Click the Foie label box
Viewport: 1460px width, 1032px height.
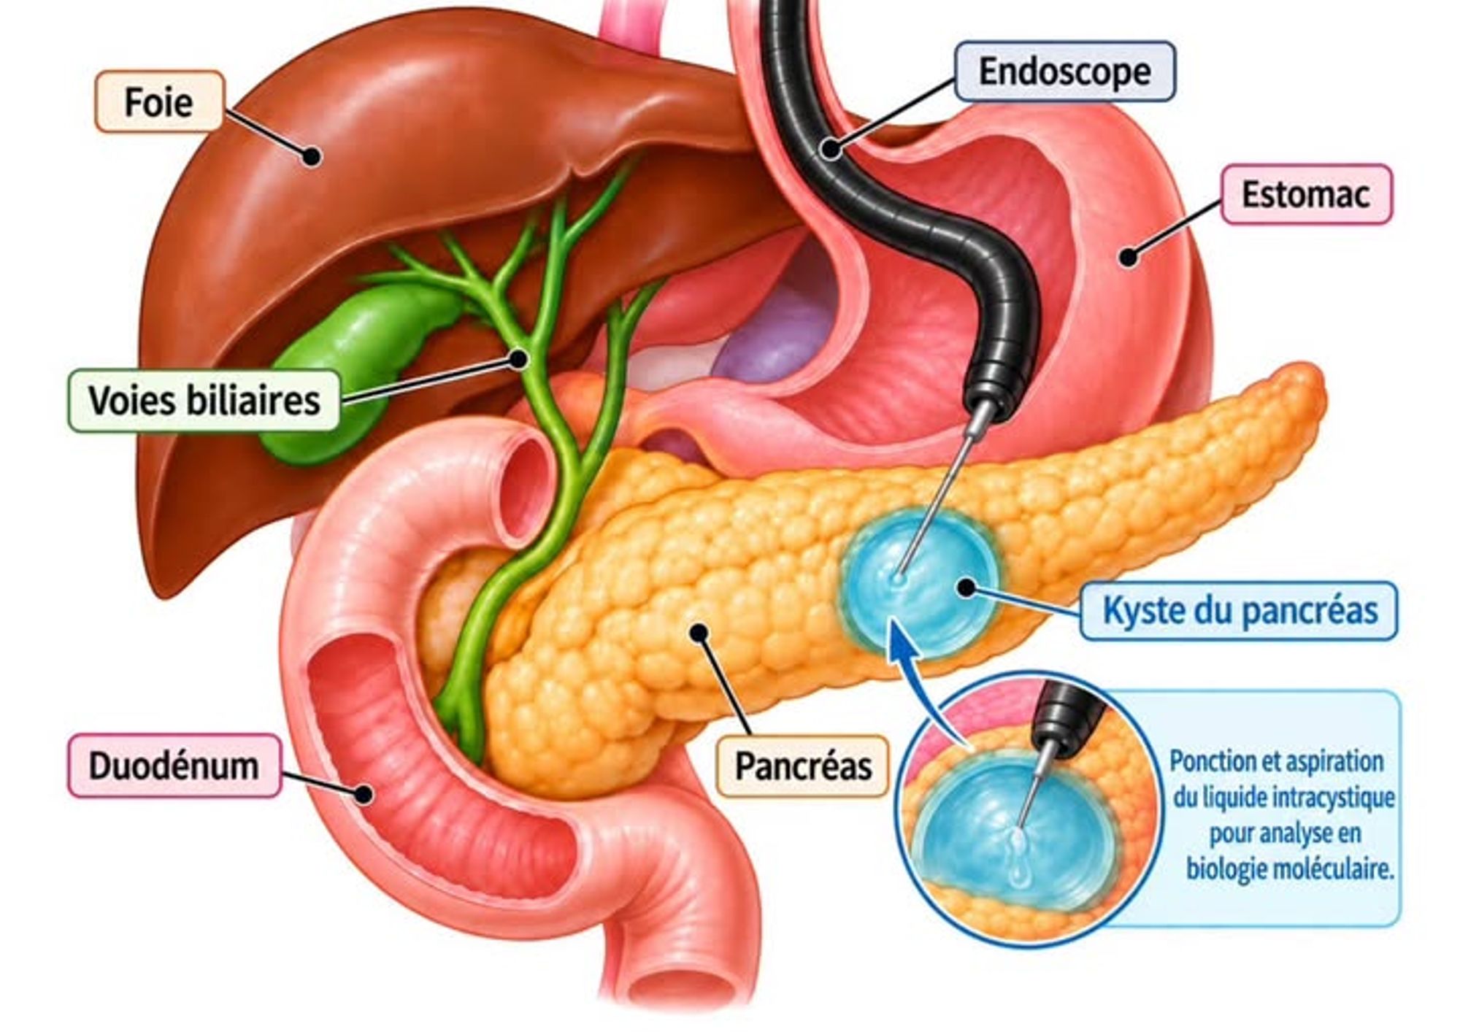(x=159, y=101)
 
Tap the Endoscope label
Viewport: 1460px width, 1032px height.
(x=1064, y=72)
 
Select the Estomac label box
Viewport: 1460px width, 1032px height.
(x=1306, y=194)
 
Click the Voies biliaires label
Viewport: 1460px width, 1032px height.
(x=204, y=401)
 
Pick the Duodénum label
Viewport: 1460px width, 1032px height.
(x=174, y=766)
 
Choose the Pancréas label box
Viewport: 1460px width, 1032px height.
(x=803, y=766)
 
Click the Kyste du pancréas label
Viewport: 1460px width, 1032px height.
(x=1240, y=611)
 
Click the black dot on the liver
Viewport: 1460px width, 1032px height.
(x=312, y=155)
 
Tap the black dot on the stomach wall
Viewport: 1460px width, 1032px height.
(x=1129, y=257)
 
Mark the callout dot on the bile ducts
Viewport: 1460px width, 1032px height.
(x=519, y=358)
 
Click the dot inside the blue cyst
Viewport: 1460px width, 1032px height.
(x=967, y=588)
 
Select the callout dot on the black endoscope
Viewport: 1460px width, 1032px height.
(x=830, y=148)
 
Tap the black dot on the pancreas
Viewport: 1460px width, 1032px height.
(x=700, y=632)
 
